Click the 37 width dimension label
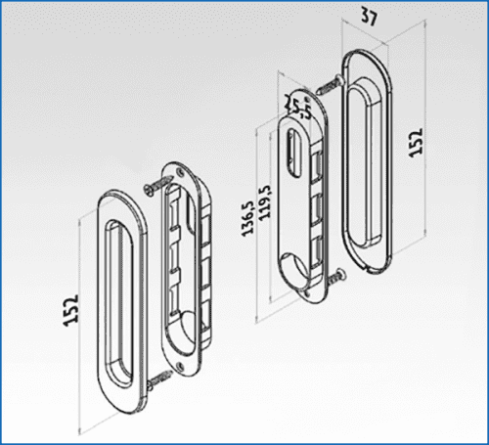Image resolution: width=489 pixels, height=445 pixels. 369,17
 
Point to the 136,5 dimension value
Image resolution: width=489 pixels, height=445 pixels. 247,218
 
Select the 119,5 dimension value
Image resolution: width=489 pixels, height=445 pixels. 264,201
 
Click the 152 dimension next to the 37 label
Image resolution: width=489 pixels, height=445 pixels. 416,143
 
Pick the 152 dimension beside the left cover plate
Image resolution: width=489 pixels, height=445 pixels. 70,310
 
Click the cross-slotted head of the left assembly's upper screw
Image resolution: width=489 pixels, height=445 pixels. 149,190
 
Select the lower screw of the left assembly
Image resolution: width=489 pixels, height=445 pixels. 158,380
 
